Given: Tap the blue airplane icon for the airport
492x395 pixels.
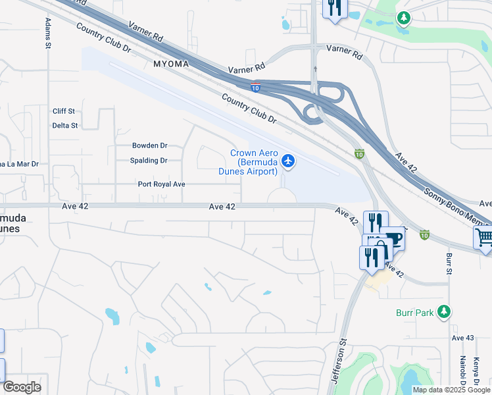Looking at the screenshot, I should (288, 160).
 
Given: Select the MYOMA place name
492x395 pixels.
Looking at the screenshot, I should (171, 65).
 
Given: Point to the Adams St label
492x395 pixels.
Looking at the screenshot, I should (48, 33).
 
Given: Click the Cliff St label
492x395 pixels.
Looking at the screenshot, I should (64, 111).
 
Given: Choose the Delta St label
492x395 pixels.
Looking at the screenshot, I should (65, 125).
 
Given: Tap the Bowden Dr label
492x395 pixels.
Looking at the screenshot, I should (150, 145).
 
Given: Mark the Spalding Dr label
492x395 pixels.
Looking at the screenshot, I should (149, 161).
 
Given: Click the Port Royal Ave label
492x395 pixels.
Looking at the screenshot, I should (161, 185).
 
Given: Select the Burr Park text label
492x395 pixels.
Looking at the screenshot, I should (415, 313).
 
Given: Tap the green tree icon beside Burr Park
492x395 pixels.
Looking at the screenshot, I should (445, 311).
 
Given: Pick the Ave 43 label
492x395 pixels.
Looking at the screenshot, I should (462, 338).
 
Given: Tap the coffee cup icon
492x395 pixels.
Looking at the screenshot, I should (394, 238).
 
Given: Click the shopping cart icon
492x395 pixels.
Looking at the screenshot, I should (483, 237).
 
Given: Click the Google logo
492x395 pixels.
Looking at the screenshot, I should (22, 387).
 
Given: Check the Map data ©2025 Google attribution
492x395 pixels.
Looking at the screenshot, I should (451, 390).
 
